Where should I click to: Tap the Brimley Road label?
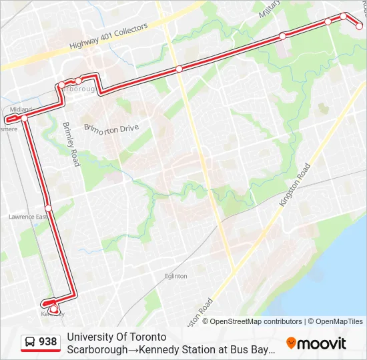[x=71, y=144]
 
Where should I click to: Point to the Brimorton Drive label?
[x=111, y=127]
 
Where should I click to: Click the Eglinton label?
[x=176, y=275]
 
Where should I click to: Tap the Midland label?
[x=21, y=109]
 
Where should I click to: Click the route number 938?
[x=48, y=342]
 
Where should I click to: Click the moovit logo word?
[x=322, y=343]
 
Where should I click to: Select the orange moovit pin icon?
[x=291, y=343]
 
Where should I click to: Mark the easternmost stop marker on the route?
[x=360, y=26]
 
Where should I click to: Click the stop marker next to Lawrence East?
[x=48, y=208]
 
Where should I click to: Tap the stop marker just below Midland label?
[x=25, y=118]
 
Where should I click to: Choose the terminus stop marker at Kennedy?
[x=53, y=307]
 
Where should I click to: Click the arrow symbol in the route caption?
[x=131, y=349]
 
